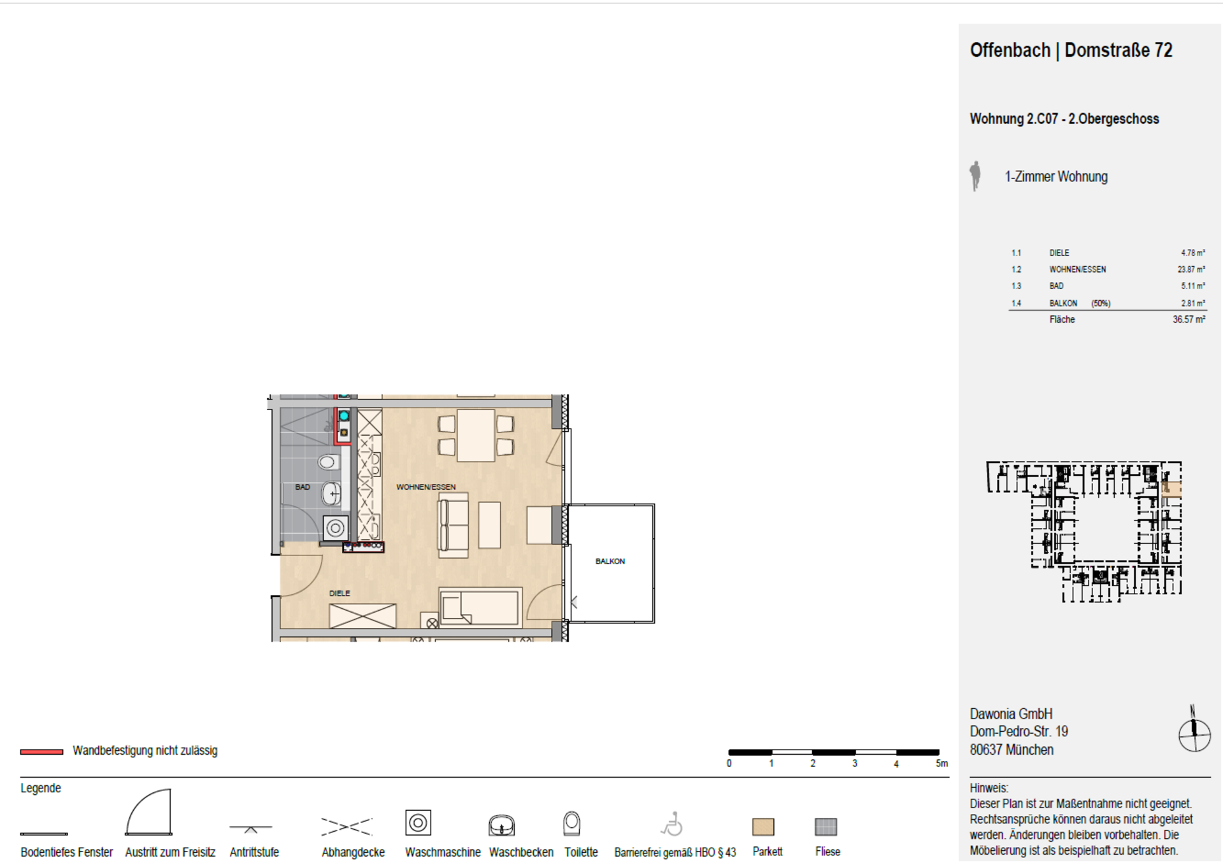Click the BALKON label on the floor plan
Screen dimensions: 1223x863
[610, 561]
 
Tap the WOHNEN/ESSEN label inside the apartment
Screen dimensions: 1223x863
[426, 487]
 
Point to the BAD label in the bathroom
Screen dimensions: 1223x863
[303, 487]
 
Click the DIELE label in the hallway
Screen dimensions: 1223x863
[340, 593]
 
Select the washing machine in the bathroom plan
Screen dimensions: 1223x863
[335, 527]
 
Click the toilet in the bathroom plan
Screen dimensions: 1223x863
[329, 462]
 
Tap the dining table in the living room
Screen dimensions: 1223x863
[476, 436]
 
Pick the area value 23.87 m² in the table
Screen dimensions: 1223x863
[1191, 269]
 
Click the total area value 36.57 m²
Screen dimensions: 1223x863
[1189, 319]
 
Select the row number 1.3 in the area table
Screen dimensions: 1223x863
[1016, 286]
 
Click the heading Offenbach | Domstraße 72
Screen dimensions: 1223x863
[1071, 50]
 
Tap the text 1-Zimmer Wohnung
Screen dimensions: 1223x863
[1056, 176]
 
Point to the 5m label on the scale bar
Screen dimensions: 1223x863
[941, 763]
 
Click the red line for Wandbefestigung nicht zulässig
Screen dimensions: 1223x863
[41, 752]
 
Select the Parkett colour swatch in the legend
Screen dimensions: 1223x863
[763, 827]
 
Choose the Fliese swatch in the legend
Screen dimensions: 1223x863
[826, 827]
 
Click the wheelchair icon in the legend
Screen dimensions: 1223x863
[672, 824]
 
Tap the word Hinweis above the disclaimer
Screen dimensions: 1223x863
[989, 788]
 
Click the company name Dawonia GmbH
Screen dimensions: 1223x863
[1011, 714]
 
